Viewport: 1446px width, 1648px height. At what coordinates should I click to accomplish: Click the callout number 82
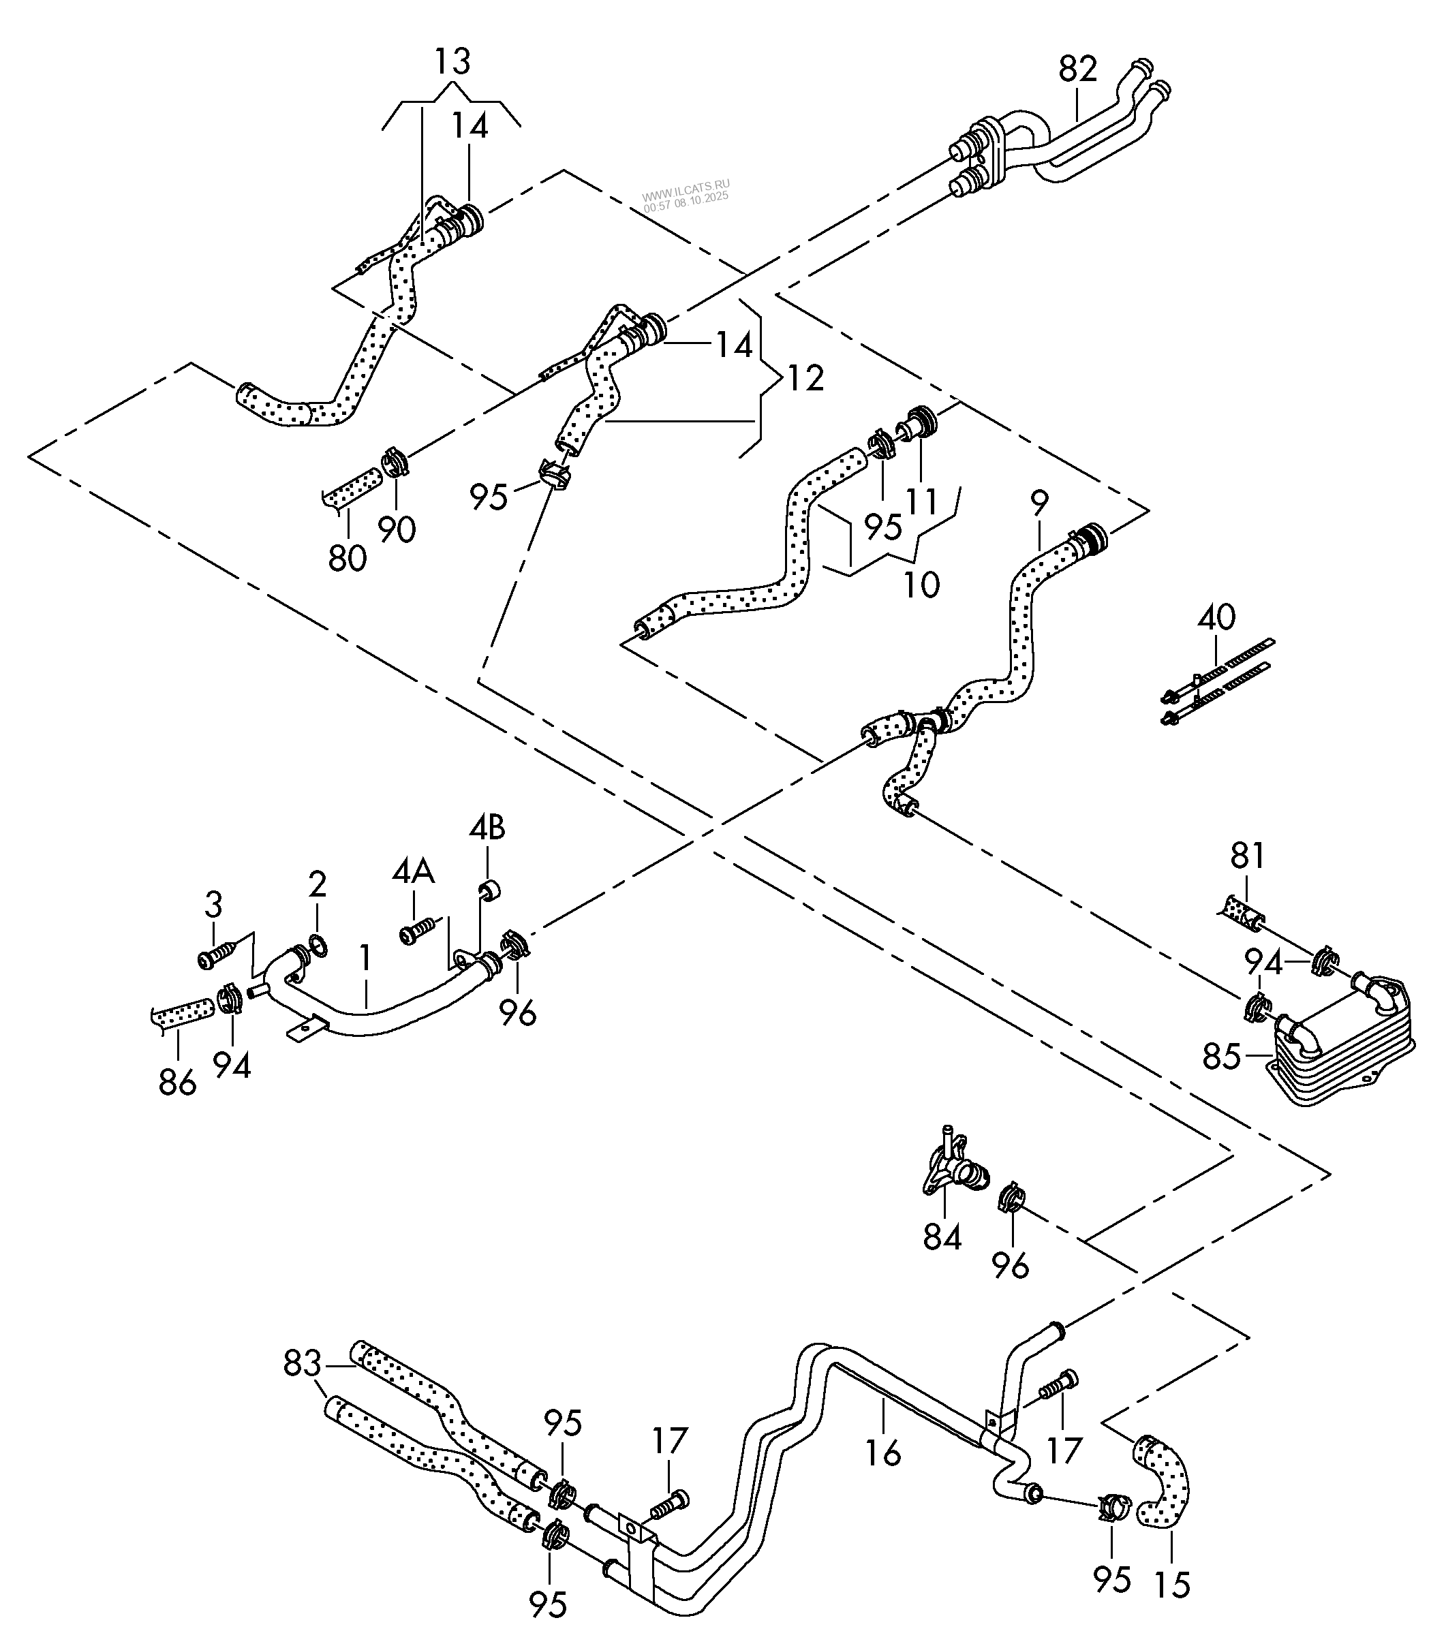click(x=1078, y=69)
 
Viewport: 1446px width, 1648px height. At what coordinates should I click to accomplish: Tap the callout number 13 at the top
click(x=452, y=62)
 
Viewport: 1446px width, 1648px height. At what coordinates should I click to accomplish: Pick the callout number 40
click(x=1216, y=618)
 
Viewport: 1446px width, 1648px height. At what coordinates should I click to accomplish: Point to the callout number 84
click(x=942, y=1236)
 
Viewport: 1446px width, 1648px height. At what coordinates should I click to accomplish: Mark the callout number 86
click(x=177, y=1083)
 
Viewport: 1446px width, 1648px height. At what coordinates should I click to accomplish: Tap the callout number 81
click(x=1248, y=856)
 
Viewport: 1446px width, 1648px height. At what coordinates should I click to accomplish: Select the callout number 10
click(x=921, y=584)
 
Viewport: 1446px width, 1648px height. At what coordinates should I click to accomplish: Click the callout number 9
click(x=1040, y=501)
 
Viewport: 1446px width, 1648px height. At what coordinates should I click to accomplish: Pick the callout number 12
click(x=804, y=377)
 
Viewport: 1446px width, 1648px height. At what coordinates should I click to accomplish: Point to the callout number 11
click(x=922, y=501)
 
